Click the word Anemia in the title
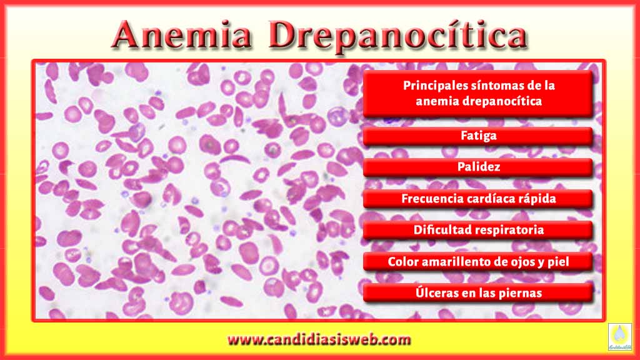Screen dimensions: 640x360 (182, 35)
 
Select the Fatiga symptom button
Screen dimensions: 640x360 (478, 136)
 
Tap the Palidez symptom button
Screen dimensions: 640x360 (478, 167)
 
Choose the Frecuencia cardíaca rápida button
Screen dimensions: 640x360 (478, 199)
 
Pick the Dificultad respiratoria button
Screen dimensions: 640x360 (478, 230)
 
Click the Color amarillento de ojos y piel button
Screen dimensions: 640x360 (478, 262)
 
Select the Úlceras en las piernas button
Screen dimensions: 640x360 (478, 293)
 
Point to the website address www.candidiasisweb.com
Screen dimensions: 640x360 (319, 339)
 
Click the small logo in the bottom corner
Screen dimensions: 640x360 (619, 337)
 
